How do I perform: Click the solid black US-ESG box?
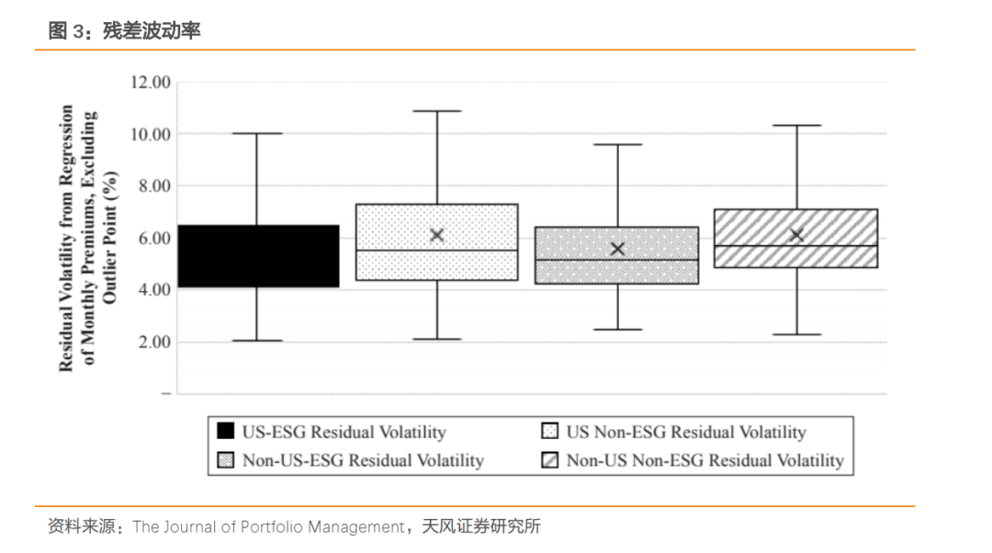pos(258,256)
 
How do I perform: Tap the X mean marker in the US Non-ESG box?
pos(437,235)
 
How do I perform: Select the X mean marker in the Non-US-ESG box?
pos(617,249)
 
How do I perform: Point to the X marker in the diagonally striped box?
pos(796,235)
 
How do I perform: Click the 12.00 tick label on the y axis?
pos(151,82)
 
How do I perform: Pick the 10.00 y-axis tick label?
pos(151,134)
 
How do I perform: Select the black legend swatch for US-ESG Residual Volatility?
pos(224,432)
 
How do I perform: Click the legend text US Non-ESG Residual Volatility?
pos(685,432)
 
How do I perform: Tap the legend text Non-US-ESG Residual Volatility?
pos(363,460)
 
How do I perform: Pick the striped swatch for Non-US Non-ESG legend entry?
pos(548,460)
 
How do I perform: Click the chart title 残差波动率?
pos(152,31)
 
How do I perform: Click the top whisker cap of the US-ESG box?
pos(257,133)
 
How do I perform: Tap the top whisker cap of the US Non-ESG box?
pos(437,111)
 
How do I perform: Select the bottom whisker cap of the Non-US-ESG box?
pos(617,329)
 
